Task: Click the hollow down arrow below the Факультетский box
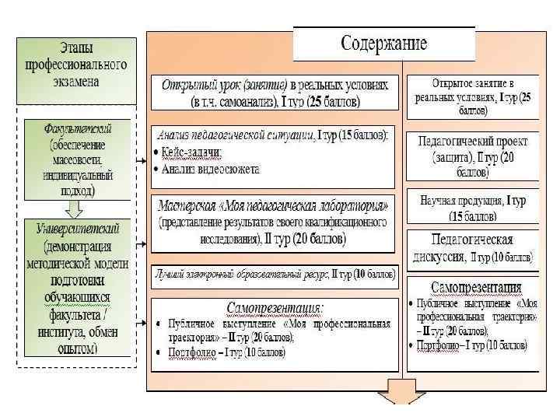pos(74,209)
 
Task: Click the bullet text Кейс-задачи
pos(191,153)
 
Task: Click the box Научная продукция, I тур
pos(472,207)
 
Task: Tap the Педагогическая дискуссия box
pos(472,247)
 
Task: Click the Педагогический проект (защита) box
pos(472,156)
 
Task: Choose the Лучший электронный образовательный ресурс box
pos(275,274)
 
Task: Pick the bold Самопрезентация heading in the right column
pos(474,286)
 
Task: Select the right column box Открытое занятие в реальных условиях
pos(472,96)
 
